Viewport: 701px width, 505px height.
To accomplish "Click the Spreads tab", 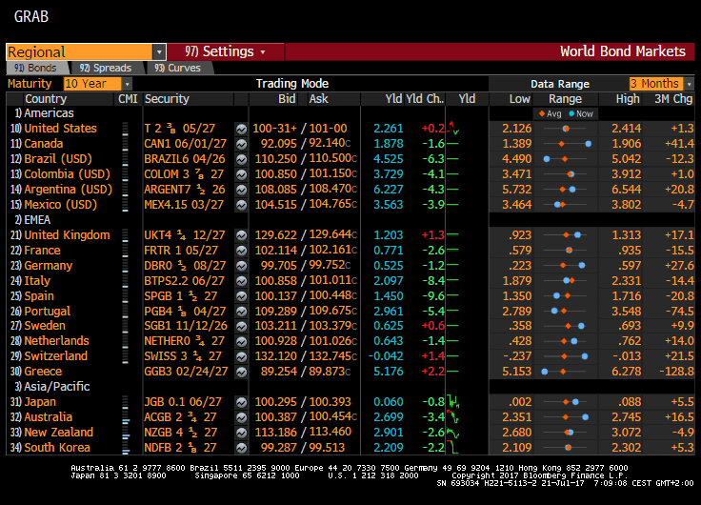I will [x=109, y=68].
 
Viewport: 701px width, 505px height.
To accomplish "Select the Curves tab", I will [x=180, y=68].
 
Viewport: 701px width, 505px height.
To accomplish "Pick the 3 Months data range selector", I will [x=659, y=84].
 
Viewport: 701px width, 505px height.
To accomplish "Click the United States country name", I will [x=60, y=128].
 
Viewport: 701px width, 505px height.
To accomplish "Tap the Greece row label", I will [x=44, y=371].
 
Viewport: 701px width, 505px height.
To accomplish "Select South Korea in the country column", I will [x=57, y=447].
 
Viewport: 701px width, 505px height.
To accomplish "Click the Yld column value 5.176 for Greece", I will [x=388, y=371].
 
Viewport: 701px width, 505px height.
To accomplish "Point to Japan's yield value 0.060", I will [x=388, y=401].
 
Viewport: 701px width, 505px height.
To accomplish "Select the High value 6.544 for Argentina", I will [x=625, y=189].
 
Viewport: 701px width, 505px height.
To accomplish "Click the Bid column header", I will [x=287, y=99].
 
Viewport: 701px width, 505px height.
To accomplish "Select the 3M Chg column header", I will [x=672, y=99].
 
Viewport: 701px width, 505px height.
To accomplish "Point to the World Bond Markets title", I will [x=622, y=51].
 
